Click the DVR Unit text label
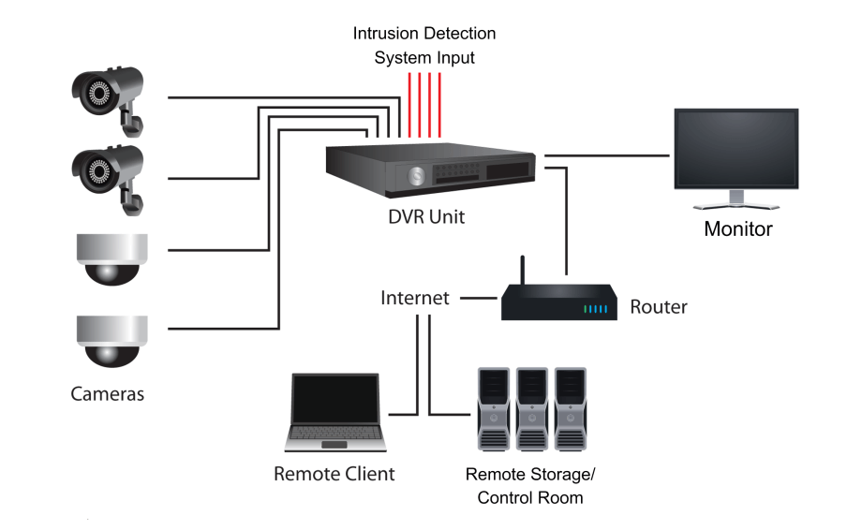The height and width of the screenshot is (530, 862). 427,217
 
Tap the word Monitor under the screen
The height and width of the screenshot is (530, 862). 738,228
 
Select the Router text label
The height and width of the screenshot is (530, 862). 658,306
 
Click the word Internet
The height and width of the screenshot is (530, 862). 415,299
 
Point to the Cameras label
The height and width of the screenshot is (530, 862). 108,393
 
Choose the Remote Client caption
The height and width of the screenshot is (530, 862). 334,474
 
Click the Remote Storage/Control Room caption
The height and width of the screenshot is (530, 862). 529,485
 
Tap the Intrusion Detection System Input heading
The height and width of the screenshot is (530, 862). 424,45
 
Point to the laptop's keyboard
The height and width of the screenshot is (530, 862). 335,434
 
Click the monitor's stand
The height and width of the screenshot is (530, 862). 736,199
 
